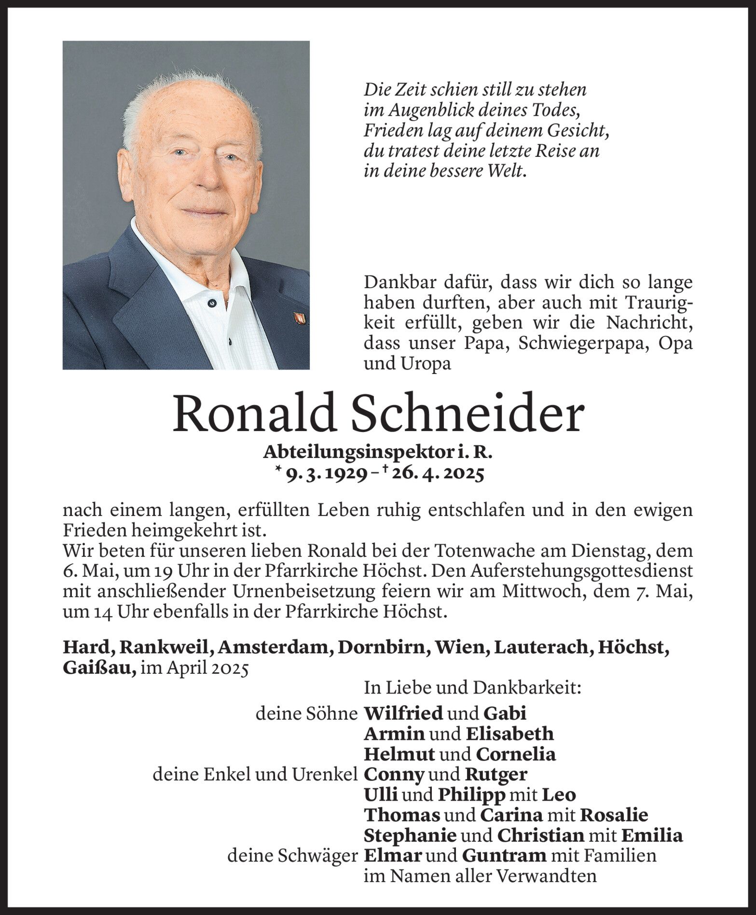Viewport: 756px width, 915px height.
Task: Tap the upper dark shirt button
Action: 211,303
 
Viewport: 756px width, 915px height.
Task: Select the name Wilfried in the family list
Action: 403,713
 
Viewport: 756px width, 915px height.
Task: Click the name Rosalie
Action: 614,815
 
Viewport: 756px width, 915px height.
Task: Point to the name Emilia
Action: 652,835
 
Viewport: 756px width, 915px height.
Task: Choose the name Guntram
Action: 504,856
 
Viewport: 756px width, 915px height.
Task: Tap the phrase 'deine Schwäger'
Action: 292,856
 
